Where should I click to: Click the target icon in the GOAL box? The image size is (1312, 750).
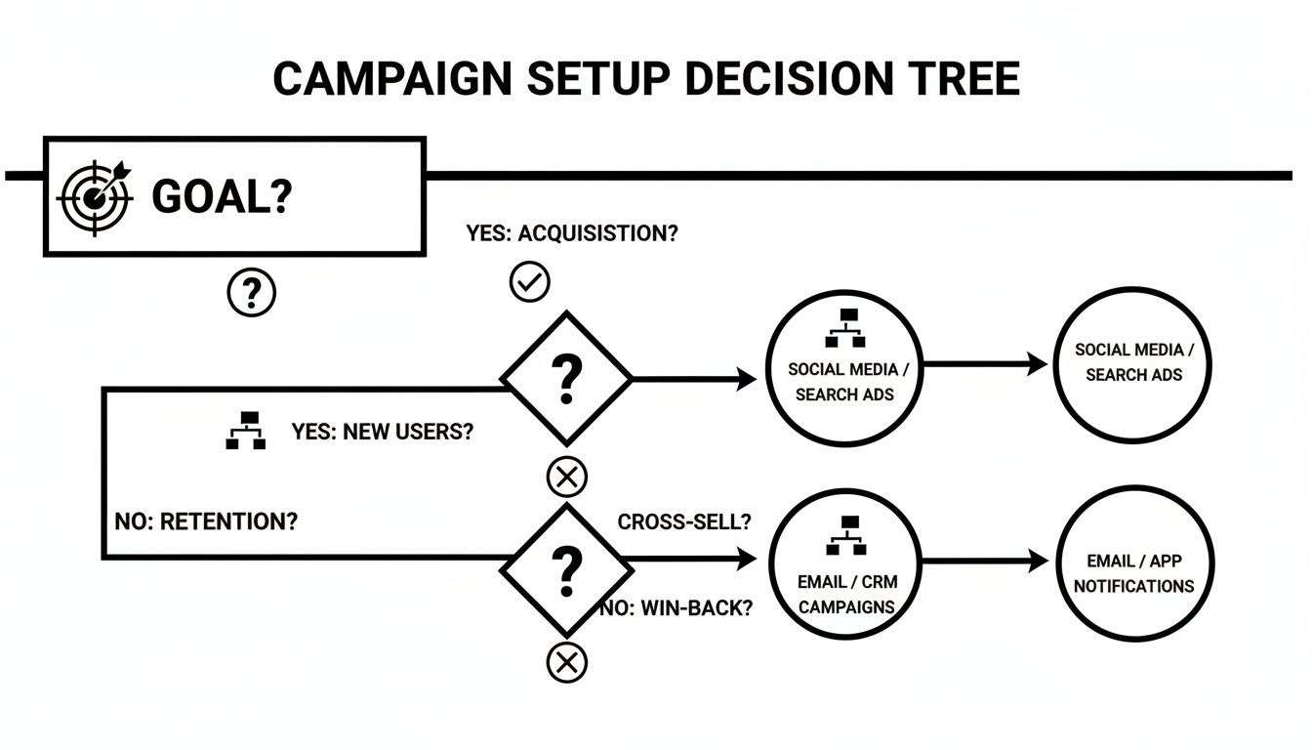click(x=94, y=196)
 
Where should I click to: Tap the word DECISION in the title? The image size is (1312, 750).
click(x=787, y=78)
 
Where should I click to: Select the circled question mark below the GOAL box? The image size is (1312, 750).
click(x=251, y=291)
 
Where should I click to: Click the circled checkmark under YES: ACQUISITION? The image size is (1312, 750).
click(x=530, y=282)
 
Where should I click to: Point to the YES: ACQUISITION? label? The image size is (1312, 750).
click(x=572, y=233)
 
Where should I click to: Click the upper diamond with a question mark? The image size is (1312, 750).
click(x=566, y=378)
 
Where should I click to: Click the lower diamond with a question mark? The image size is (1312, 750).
click(x=566, y=569)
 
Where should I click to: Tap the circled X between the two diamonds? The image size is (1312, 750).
click(x=566, y=478)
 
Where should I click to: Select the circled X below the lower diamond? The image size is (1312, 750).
click(x=566, y=663)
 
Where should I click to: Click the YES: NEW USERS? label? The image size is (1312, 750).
click(x=382, y=432)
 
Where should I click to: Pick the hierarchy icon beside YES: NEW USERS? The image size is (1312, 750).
click(x=246, y=431)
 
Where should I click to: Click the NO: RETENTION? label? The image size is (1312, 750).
click(x=206, y=521)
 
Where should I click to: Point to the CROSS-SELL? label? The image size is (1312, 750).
click(x=684, y=521)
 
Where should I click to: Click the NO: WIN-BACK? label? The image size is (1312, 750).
click(x=676, y=607)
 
